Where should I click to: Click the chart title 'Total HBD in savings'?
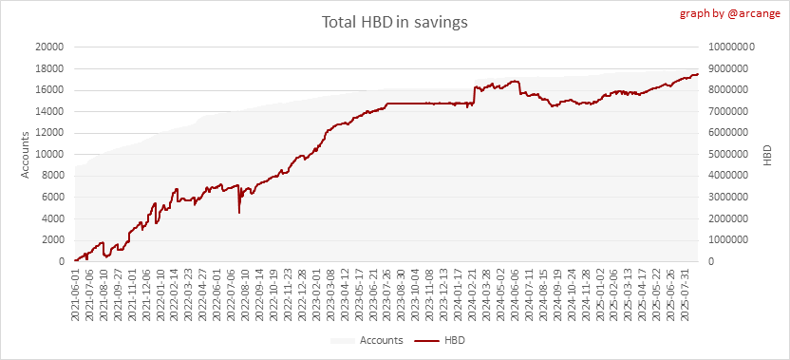(394, 23)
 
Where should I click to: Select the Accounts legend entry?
(367, 340)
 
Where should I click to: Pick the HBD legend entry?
(440, 340)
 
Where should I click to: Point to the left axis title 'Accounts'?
(26, 154)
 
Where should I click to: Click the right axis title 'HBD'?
(767, 155)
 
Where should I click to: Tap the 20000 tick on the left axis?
(50, 47)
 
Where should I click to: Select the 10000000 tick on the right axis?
(731, 47)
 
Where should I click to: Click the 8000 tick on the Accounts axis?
(52, 176)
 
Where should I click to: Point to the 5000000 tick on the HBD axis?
(728, 154)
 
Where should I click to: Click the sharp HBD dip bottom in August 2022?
(239, 213)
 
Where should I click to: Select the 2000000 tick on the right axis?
(728, 218)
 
